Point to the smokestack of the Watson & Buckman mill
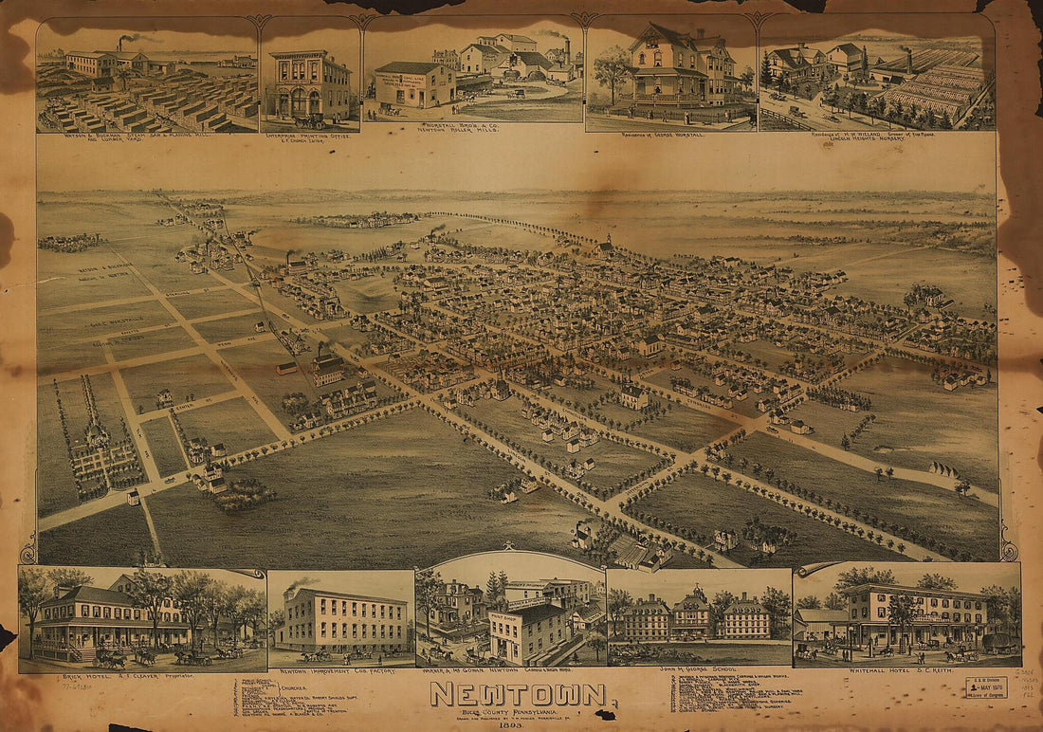[x=122, y=45]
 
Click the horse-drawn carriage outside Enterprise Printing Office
[x=310, y=120]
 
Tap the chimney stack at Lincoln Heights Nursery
[x=909, y=54]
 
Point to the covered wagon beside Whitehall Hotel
[x=998, y=644]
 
